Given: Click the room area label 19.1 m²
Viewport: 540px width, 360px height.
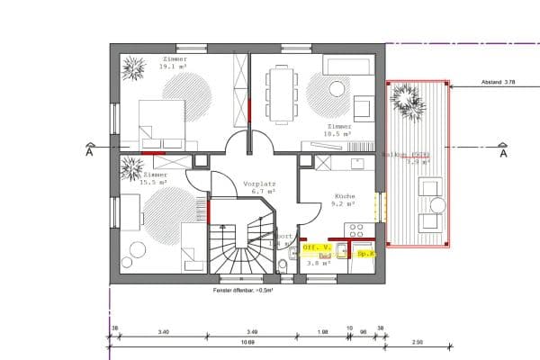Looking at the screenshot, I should coord(173,67).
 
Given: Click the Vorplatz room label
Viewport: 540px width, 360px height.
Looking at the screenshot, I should coord(258,183).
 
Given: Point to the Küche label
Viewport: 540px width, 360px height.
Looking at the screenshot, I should coord(347,195).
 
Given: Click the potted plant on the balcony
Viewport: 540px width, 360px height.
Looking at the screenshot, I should coord(406,97).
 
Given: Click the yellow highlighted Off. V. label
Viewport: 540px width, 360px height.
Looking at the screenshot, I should coord(317,246).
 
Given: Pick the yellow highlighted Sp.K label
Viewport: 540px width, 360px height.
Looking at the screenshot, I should coord(365,254).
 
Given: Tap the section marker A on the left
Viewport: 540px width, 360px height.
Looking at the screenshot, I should coord(89,152).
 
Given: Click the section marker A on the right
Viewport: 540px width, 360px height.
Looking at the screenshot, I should coord(503,152).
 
